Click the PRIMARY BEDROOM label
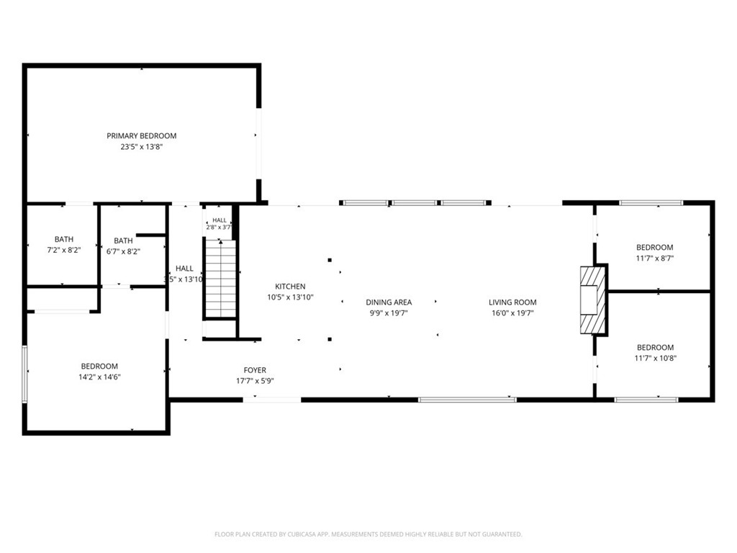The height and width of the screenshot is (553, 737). click(142, 136)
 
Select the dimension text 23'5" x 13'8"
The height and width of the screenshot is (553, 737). click(142, 147)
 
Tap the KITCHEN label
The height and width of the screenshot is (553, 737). click(290, 287)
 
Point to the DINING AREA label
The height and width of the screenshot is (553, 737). click(389, 302)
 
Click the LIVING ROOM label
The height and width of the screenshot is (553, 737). click(512, 302)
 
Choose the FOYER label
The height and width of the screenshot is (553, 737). click(255, 370)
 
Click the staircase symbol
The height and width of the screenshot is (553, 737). click(220, 279)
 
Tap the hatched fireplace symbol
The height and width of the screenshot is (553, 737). click(593, 300)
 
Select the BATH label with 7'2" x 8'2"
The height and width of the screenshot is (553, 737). click(64, 239)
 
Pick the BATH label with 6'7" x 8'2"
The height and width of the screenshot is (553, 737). click(123, 240)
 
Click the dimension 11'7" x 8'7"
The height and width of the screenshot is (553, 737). click(655, 258)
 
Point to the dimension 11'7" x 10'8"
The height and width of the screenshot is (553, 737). click(655, 359)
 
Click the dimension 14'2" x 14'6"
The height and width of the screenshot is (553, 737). click(99, 377)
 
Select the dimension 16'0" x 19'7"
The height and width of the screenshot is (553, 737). click(512, 313)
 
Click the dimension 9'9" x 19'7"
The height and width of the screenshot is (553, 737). click(389, 313)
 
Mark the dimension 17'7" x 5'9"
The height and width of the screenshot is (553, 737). click(255, 381)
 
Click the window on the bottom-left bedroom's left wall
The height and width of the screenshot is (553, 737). click(25, 374)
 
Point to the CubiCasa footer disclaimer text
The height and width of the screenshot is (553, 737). click(368, 534)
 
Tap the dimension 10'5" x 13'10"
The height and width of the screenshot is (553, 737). click(290, 297)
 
